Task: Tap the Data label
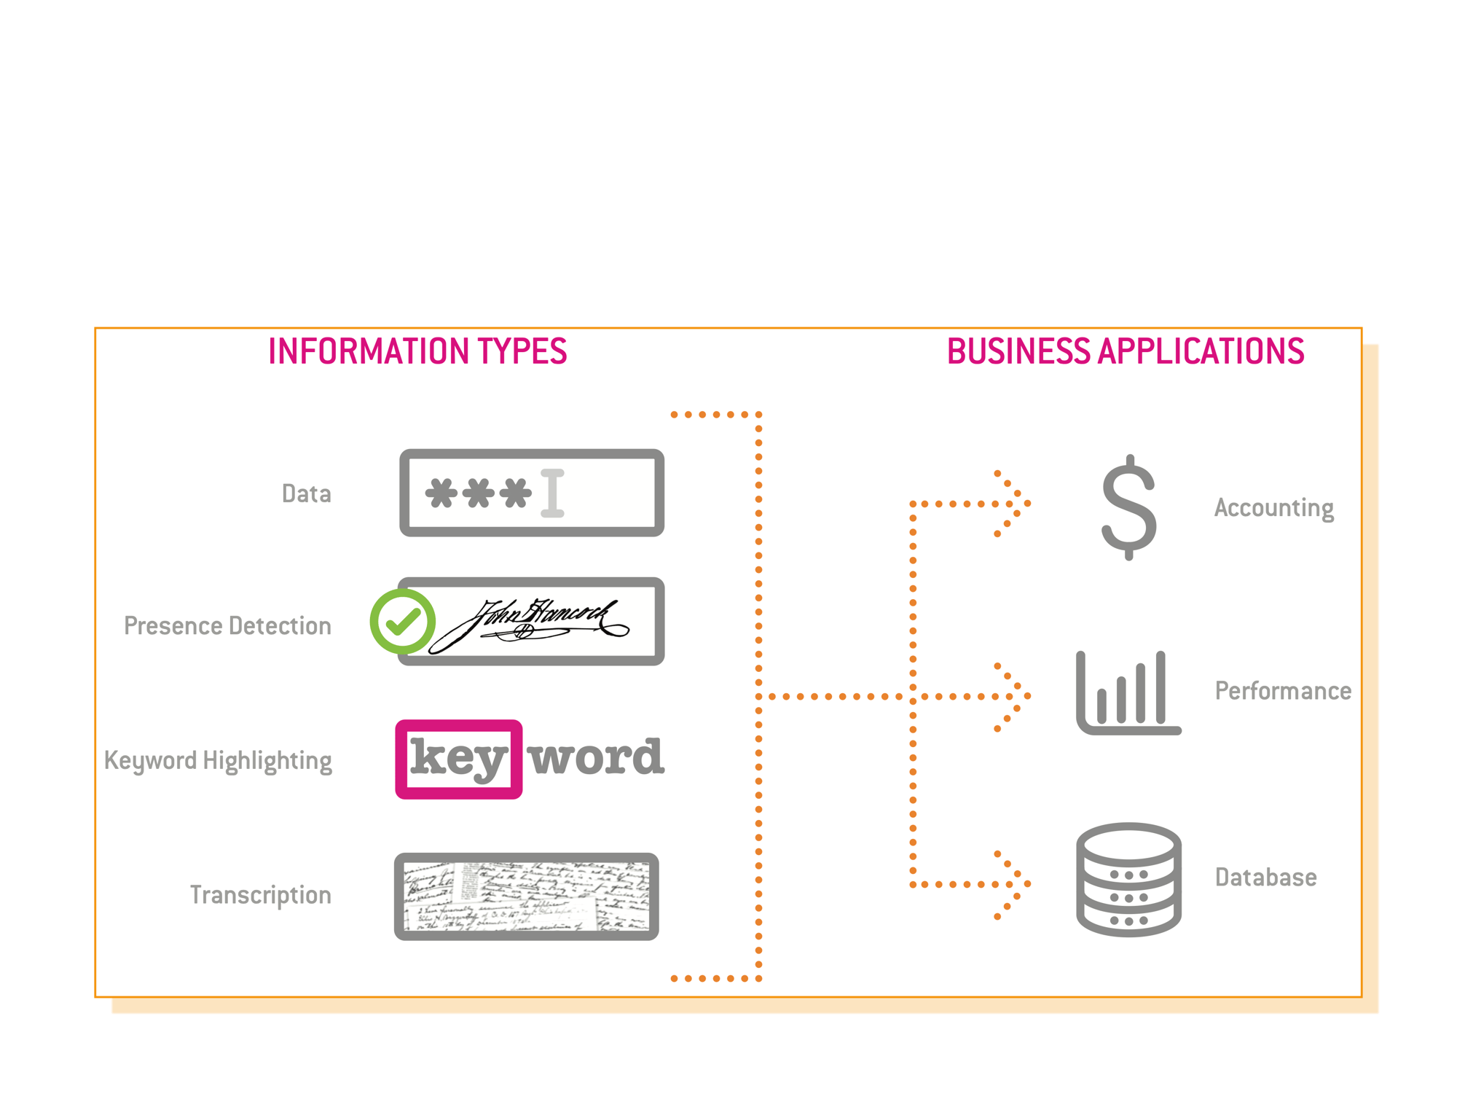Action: tap(307, 494)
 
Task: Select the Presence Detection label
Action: tap(227, 626)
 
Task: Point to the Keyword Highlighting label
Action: tap(218, 761)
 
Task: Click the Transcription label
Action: tap(260, 895)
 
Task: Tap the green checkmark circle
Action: tap(403, 622)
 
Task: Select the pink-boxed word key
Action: tap(458, 759)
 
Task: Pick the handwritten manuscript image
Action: tap(527, 896)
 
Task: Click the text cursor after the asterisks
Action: tap(552, 493)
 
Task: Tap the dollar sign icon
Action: tap(1128, 507)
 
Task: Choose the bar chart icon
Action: tap(1128, 693)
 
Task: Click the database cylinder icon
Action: tap(1128, 879)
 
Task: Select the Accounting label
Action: tap(1273, 508)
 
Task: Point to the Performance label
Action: tap(1283, 691)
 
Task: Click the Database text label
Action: tap(1265, 878)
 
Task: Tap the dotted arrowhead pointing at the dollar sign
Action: tap(1014, 504)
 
